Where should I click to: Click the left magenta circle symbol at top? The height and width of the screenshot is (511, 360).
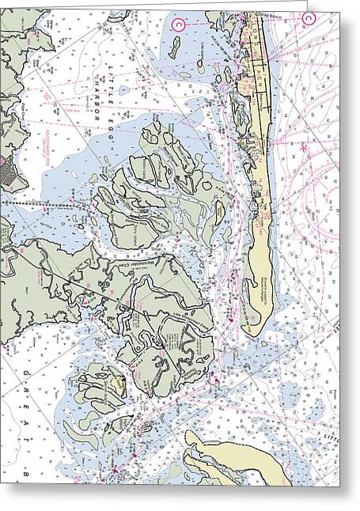tap(178, 25)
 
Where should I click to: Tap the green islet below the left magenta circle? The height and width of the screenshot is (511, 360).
tap(173, 49)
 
